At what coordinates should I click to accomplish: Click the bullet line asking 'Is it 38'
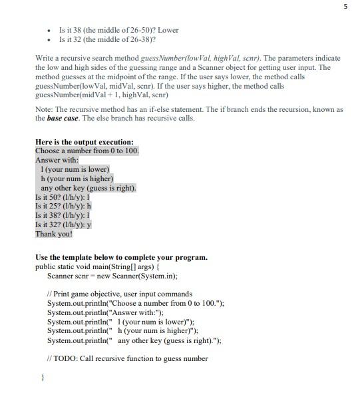pos(118,30)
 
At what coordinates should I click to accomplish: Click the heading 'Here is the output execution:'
pos(85,142)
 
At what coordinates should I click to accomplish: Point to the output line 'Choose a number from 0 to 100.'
pos(87,151)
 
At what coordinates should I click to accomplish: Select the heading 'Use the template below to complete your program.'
pos(121,257)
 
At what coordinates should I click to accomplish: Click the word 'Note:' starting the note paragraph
pos(43,109)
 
